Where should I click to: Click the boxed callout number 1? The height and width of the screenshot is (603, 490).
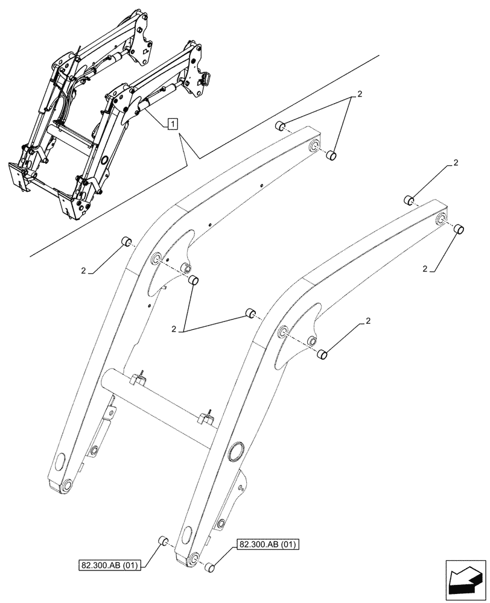tap(173, 124)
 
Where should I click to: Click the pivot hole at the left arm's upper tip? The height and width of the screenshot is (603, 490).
tap(314, 147)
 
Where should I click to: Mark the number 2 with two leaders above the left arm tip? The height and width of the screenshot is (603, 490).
tap(359, 94)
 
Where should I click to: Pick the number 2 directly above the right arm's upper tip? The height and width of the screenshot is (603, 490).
tap(455, 163)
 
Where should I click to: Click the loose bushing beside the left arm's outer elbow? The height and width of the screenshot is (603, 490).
tap(126, 242)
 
